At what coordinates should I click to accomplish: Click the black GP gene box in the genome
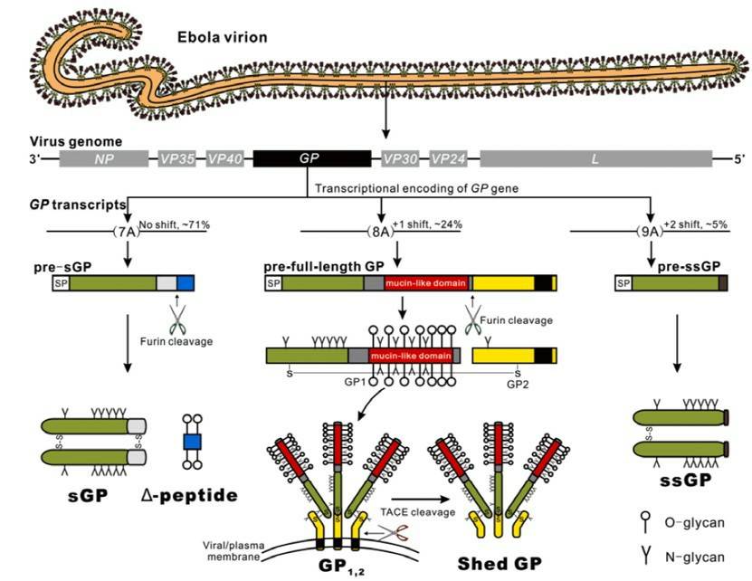pyautogui.click(x=311, y=158)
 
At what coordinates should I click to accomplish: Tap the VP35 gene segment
pyautogui.click(x=177, y=158)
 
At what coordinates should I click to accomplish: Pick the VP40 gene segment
pyautogui.click(x=225, y=158)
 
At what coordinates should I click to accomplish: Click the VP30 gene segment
pyautogui.click(x=399, y=158)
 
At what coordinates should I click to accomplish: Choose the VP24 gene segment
pyautogui.click(x=448, y=158)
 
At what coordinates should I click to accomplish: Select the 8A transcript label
pyautogui.click(x=381, y=232)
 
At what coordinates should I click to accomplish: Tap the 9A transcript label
pyautogui.click(x=651, y=232)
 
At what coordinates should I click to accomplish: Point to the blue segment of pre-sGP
pyautogui.click(x=186, y=283)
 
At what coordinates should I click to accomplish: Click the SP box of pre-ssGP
pyautogui.click(x=623, y=283)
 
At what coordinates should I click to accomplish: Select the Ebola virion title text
pyautogui.click(x=216, y=40)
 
